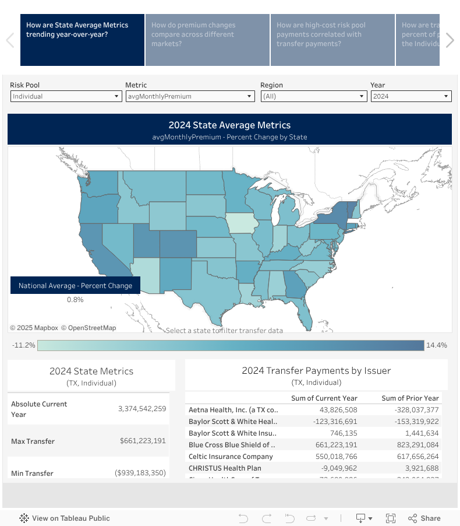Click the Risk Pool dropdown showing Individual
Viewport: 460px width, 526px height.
tap(65, 96)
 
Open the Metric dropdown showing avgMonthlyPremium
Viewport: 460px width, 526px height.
tap(190, 96)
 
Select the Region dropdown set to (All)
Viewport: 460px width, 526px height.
tap(313, 96)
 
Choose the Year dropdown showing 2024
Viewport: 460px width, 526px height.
tap(411, 96)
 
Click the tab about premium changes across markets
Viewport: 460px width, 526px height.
tap(207, 40)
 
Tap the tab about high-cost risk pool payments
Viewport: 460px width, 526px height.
tap(332, 40)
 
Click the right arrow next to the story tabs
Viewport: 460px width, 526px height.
tap(450, 40)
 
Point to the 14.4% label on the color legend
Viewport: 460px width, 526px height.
tap(437, 345)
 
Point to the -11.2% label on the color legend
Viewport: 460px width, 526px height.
tap(24, 345)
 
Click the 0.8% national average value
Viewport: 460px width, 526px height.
tap(75, 300)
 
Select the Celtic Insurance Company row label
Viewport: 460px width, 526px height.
tap(231, 457)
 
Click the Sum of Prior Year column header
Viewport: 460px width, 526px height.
tap(410, 398)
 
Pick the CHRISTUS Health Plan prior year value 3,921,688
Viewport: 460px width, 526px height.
tap(420, 468)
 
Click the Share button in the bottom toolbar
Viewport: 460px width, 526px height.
tap(424, 518)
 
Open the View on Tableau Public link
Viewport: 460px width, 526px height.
tap(65, 518)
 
